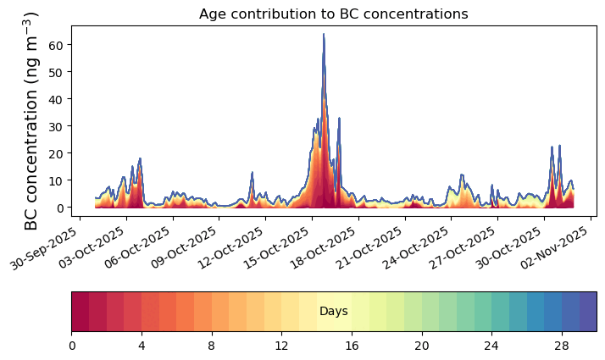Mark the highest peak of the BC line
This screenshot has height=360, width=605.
(324, 35)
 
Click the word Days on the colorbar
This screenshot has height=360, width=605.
(334, 312)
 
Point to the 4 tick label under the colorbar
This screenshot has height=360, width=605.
(142, 346)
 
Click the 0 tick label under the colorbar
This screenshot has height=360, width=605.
(72, 346)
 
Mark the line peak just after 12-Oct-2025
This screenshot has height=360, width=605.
(252, 173)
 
